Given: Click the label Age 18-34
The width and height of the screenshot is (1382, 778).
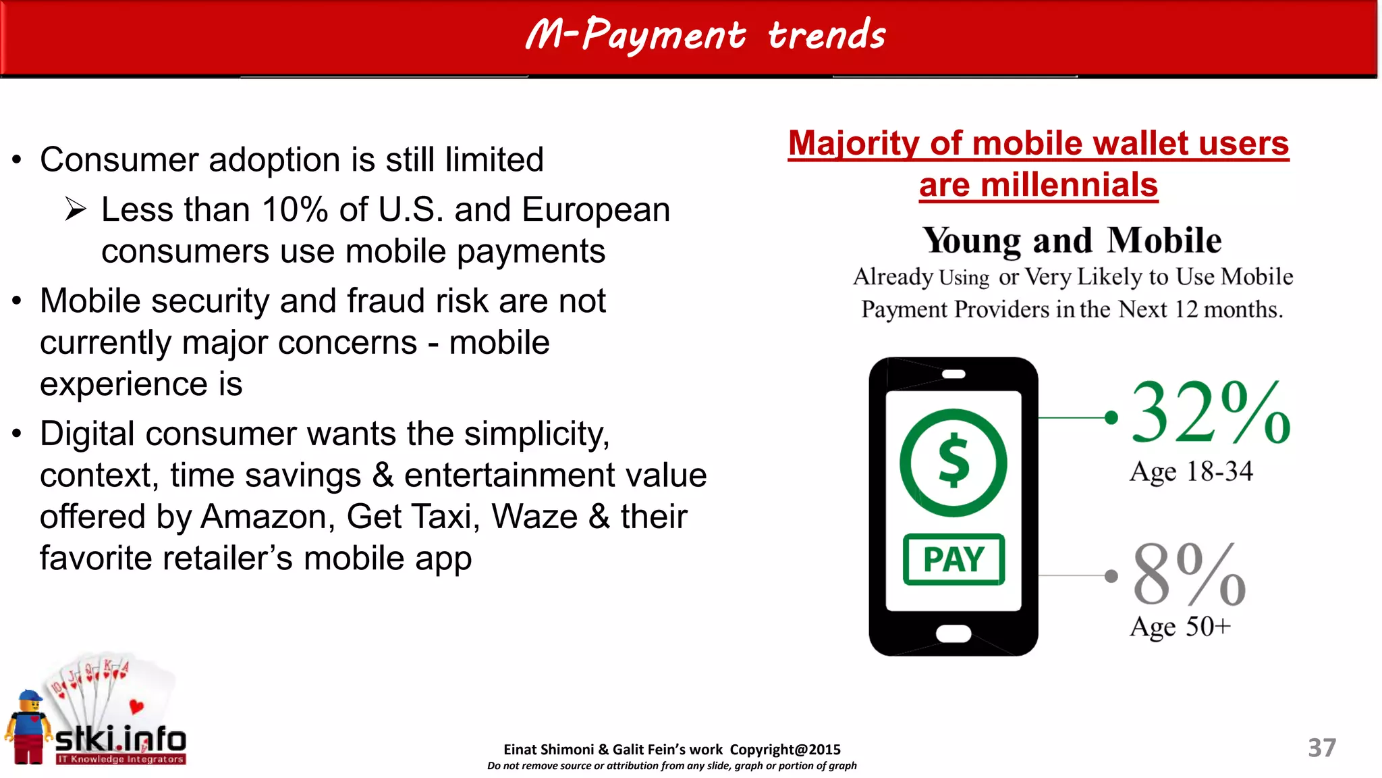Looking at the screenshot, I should (1191, 471).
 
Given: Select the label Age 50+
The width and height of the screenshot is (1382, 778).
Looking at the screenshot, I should (1180, 627).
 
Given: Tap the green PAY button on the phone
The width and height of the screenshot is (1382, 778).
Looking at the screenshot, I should (953, 559).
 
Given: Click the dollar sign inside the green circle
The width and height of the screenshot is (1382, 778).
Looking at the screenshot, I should (953, 462).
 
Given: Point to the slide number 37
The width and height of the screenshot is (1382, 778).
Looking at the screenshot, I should (1321, 748).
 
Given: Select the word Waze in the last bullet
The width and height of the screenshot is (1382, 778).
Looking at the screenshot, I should (534, 517).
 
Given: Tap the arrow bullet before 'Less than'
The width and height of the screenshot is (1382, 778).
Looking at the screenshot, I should (76, 209).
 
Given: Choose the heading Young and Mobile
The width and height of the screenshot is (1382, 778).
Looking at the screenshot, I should (1072, 240).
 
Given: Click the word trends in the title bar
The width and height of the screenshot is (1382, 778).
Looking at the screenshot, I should (827, 35).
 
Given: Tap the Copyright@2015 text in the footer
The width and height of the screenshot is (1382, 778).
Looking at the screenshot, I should (785, 750).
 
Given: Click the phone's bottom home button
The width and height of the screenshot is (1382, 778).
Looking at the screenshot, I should (953, 633).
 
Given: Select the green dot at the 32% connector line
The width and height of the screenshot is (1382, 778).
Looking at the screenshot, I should (1111, 418).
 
